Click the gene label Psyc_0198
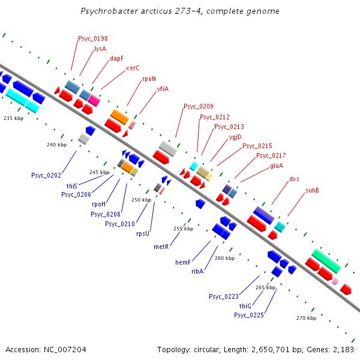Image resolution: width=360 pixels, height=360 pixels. point(92,38)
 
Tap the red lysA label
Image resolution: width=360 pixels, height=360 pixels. point(100,49)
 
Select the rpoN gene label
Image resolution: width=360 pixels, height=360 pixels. point(149,79)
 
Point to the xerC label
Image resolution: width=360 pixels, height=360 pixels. point(133,68)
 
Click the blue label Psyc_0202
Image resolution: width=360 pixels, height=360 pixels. point(46,175)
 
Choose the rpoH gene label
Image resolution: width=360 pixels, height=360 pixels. point(98,204)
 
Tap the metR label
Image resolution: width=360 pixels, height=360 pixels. point(161,247)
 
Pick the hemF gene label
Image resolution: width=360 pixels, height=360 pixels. point(182,262)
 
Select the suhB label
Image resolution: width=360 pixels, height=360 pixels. point(312,190)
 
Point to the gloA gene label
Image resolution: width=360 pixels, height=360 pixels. point(277,166)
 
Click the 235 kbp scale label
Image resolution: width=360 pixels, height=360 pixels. point(13,118)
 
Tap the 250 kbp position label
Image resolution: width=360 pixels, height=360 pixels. point(141,200)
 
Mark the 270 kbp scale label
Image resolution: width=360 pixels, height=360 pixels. point(306,318)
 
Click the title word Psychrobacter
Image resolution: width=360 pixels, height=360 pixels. point(105,11)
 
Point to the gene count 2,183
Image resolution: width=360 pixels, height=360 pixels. point(342,349)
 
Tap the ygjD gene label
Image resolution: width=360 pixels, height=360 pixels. point(235,137)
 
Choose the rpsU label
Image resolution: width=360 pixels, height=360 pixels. point(142,233)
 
